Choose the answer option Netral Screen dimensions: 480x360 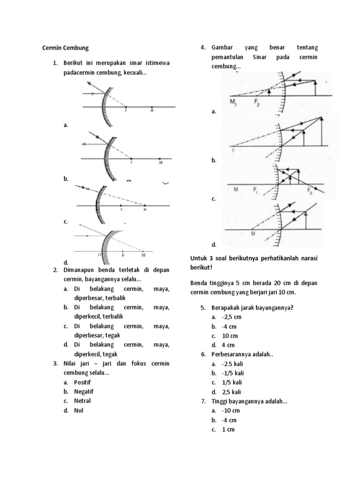click(82, 401)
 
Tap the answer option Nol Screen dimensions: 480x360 click(78, 410)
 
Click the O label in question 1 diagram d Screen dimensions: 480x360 click(99, 255)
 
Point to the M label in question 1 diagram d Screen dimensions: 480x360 click(143, 255)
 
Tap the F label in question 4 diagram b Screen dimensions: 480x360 click(233, 151)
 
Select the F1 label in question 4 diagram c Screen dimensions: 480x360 click(256, 190)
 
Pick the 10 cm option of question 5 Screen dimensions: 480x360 click(230, 336)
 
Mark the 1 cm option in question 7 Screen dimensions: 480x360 click(228, 429)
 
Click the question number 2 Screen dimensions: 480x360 click(55, 270)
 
